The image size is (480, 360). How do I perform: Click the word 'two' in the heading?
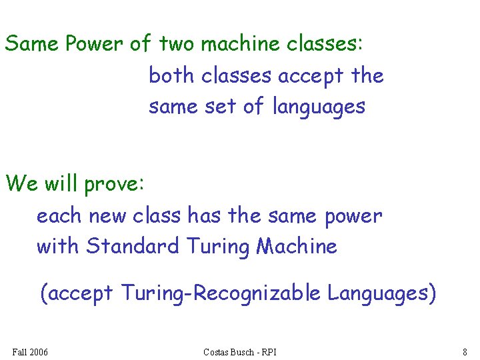(177, 45)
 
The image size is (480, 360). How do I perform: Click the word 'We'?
(21, 183)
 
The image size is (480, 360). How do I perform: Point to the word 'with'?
(58, 246)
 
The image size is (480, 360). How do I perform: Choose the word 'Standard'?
(133, 246)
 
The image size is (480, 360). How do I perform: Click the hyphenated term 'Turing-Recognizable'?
(220, 293)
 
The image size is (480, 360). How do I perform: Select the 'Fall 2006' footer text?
(30, 351)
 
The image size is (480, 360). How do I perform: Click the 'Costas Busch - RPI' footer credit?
(240, 351)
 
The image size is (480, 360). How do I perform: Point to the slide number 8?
(464, 351)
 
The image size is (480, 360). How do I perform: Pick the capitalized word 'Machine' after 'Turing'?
(297, 246)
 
